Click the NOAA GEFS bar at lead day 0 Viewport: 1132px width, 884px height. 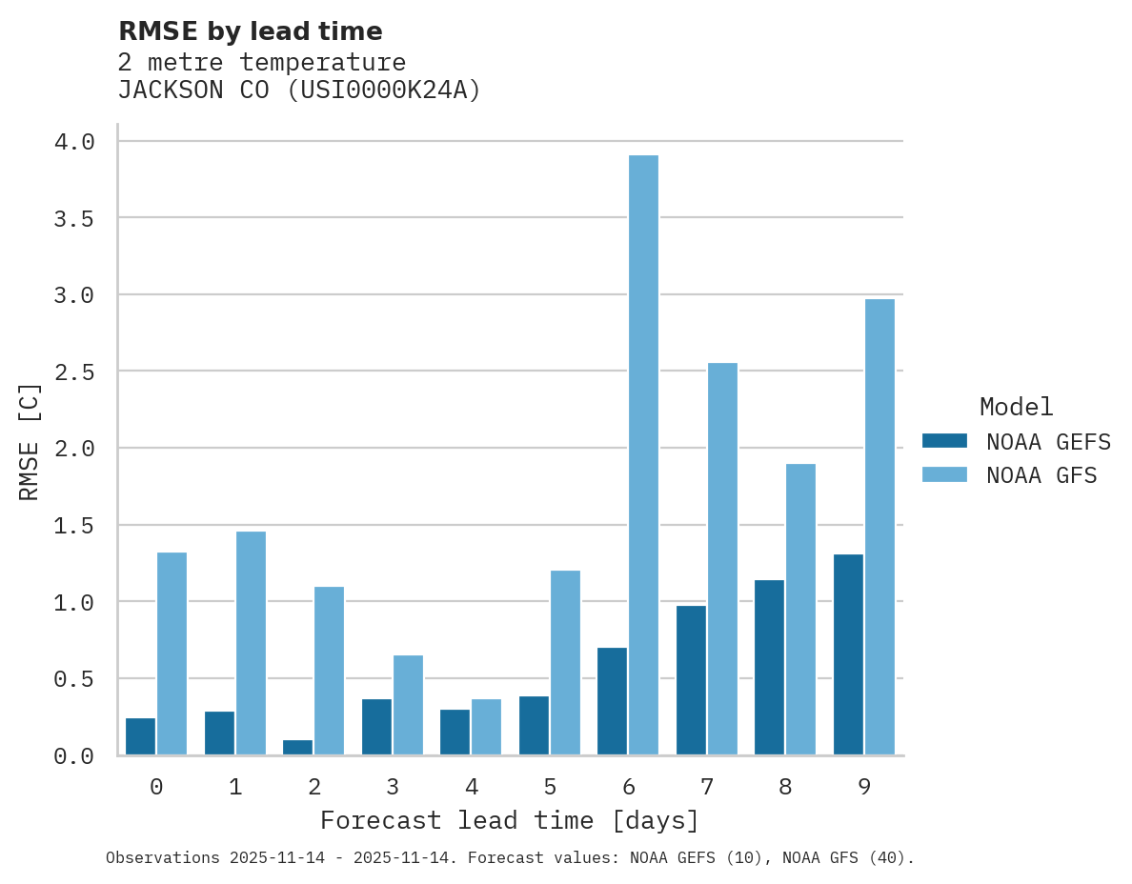click(140, 736)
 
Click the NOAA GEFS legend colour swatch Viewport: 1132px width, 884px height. click(944, 441)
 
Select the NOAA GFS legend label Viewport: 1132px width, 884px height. click(1041, 474)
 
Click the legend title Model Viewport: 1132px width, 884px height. click(1016, 407)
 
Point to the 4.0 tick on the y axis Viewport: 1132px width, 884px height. click(73, 142)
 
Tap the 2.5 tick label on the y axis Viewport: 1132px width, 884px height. click(73, 372)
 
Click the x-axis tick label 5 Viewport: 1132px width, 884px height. click(550, 787)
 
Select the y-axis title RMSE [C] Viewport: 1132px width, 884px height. click(30, 441)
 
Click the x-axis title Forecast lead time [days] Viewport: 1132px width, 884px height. click(510, 820)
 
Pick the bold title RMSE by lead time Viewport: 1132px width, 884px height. click(250, 31)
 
